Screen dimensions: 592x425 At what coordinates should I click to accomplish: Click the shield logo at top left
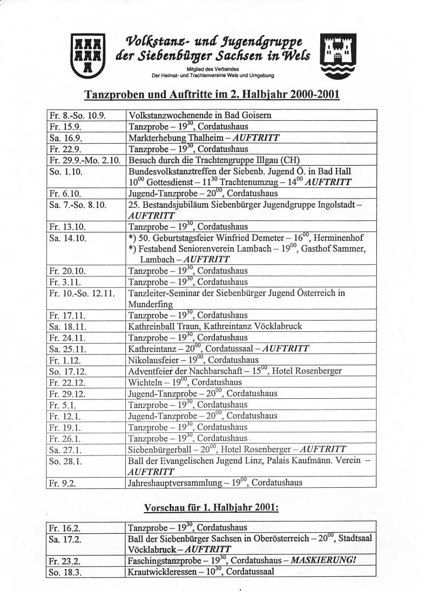tap(88, 54)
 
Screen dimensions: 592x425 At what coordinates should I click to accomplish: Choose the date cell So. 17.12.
tap(67, 372)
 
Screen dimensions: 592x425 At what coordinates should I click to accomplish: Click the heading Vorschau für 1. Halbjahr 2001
tap(211, 508)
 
